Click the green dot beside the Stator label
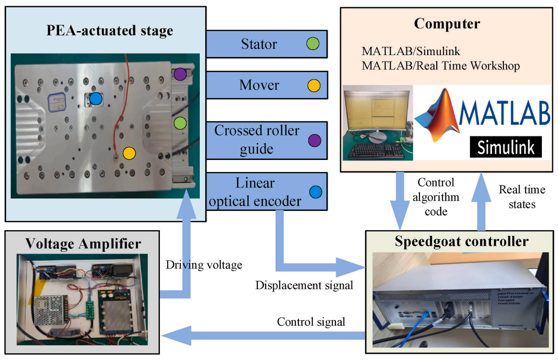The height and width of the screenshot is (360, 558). [x=313, y=44]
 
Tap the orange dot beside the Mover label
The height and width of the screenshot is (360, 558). [x=313, y=85]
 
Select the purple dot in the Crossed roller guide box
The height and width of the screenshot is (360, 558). [x=313, y=140]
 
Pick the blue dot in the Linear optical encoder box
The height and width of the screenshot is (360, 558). [x=313, y=192]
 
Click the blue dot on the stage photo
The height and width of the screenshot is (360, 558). [x=96, y=98]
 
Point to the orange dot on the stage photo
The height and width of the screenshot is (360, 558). [x=129, y=153]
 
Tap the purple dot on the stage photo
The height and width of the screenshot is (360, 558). [x=180, y=74]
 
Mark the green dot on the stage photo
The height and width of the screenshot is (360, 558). [x=180, y=123]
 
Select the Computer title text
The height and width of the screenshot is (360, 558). [x=447, y=24]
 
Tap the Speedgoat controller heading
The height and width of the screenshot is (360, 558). [x=461, y=242]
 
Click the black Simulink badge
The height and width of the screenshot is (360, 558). [x=506, y=147]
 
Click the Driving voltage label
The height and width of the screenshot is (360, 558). [x=204, y=265]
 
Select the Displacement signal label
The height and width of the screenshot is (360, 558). [x=304, y=285]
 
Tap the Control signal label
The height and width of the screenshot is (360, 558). [x=311, y=322]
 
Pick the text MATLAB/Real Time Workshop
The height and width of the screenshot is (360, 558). [x=441, y=66]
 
